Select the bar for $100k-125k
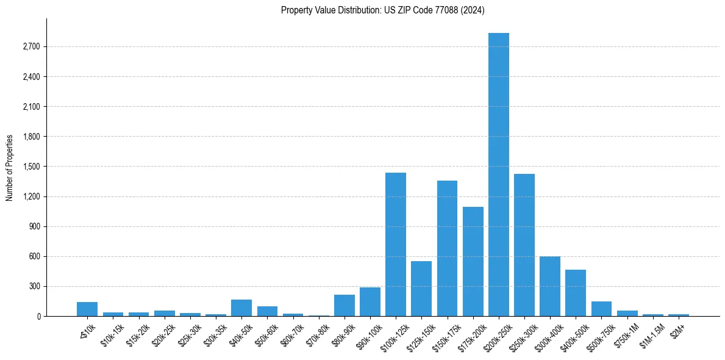click(396, 244)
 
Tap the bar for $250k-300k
click(524, 245)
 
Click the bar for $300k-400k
click(550, 286)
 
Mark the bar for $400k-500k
click(576, 293)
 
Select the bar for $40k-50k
click(241, 308)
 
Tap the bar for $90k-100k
click(370, 301)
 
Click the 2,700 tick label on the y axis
click(30, 47)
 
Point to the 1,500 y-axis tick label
click(30, 167)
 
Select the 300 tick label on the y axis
click(34, 286)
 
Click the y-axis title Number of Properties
click(10, 167)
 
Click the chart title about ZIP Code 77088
click(382, 10)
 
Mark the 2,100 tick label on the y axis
click(30, 107)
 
